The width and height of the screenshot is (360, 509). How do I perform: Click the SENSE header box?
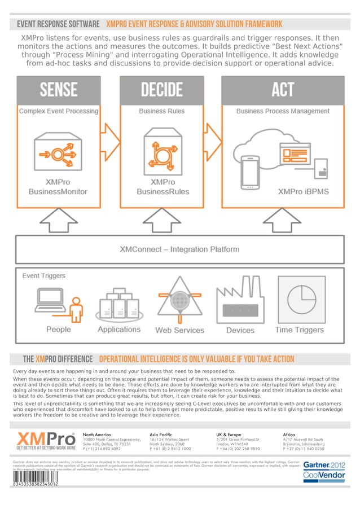pyautogui.click(x=59, y=90)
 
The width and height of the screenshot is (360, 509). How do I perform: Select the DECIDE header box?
pyautogui.click(x=162, y=90)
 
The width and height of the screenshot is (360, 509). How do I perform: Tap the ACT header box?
pyautogui.click(x=282, y=90)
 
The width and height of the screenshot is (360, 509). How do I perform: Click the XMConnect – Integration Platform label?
pyautogui.click(x=179, y=249)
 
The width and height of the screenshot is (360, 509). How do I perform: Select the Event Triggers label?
pyautogui.click(x=44, y=276)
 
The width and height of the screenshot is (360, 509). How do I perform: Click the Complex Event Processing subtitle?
pyautogui.click(x=59, y=111)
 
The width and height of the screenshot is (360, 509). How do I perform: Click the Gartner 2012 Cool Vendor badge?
pyautogui.click(x=324, y=470)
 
